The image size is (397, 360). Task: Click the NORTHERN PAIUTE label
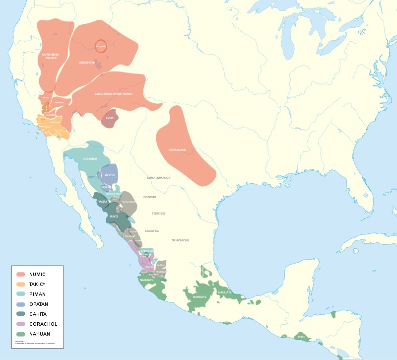[49, 56]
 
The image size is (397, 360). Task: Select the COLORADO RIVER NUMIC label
[114, 93]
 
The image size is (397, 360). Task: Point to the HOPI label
[110, 118]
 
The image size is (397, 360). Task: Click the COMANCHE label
[177, 150]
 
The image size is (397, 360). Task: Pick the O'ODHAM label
[90, 159]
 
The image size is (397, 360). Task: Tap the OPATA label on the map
[110, 174]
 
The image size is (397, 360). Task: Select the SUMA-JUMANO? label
[158, 177]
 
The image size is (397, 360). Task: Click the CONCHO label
[150, 197]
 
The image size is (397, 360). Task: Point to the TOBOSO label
[158, 214]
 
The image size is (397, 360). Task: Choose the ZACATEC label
[152, 231]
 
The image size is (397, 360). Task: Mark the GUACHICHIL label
[181, 240]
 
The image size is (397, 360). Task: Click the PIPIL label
[301, 337]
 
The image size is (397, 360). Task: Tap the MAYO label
[114, 217]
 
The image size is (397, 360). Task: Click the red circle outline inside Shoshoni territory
[101, 46]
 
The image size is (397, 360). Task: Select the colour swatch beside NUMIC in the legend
[21, 274]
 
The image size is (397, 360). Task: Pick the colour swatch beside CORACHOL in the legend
[21, 324]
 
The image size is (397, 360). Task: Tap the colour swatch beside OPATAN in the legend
[21, 304]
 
